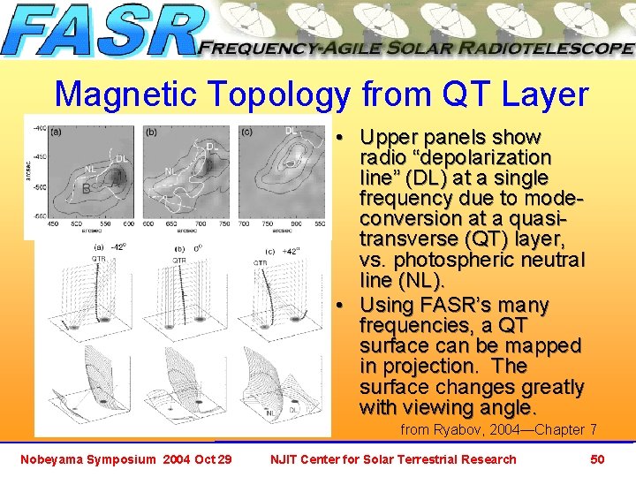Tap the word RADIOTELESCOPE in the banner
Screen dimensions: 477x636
tap(547, 49)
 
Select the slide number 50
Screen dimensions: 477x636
tap(597, 459)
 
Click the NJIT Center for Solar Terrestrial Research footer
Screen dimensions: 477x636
tap(393, 459)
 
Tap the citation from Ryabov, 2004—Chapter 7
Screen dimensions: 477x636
tap(498, 429)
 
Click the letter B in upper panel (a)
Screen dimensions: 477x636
tap(86, 188)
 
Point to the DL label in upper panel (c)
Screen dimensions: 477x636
tap(291, 131)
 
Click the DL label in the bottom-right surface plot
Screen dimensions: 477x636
tap(294, 410)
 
